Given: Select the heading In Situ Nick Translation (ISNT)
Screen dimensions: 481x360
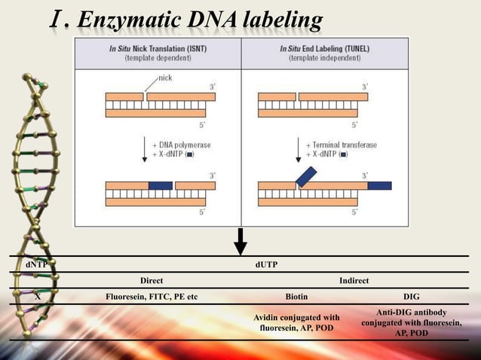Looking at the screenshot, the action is [x=158, y=49].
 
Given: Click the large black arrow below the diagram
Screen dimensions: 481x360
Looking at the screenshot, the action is [x=240, y=242].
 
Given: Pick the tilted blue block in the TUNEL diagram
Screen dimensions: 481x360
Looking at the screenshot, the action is [x=306, y=176].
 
